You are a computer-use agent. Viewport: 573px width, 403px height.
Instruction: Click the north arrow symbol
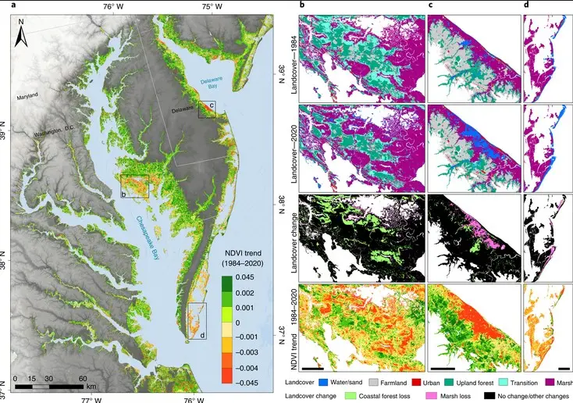point(23,33)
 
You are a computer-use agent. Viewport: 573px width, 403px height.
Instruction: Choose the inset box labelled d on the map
point(197,320)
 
